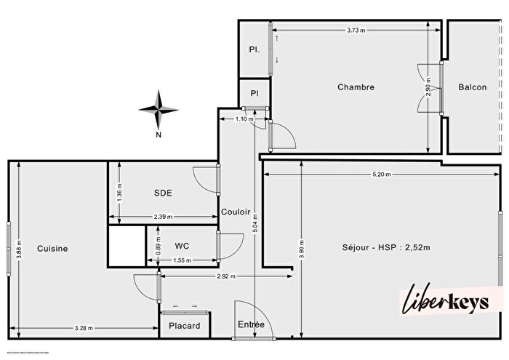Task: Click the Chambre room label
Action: pyautogui.click(x=356, y=87)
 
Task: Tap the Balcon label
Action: pyautogui.click(x=472, y=87)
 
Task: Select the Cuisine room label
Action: pyautogui.click(x=52, y=248)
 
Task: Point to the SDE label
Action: pyautogui.click(x=162, y=193)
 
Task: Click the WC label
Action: pyautogui.click(x=182, y=245)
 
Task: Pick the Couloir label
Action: pyautogui.click(x=236, y=212)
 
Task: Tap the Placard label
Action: pyautogui.click(x=184, y=326)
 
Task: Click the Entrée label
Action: pyautogui.click(x=251, y=324)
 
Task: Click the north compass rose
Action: pyautogui.click(x=159, y=109)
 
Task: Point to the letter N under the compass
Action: pyautogui.click(x=158, y=135)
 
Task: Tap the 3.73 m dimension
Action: pyautogui.click(x=356, y=30)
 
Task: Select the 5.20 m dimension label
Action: pyautogui.click(x=381, y=175)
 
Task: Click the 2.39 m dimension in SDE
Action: pyautogui.click(x=163, y=217)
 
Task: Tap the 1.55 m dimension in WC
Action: pyautogui.click(x=182, y=260)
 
